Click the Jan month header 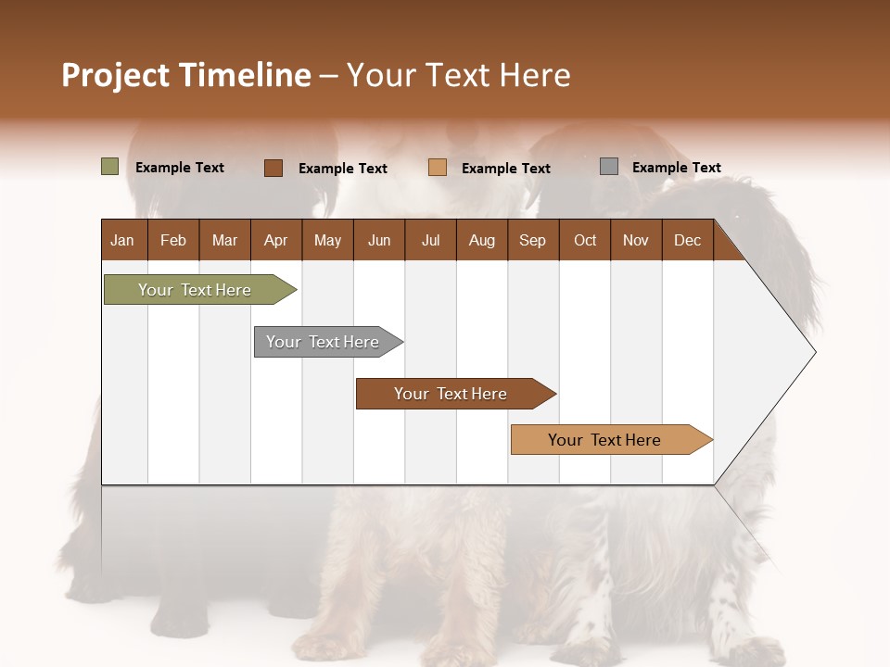pyautogui.click(x=122, y=240)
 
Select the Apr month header pyautogui.click(x=275, y=240)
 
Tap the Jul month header pyautogui.click(x=430, y=240)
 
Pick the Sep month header pyautogui.click(x=532, y=240)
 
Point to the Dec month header pyautogui.click(x=687, y=240)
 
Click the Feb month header pyautogui.click(x=173, y=240)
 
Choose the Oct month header pyautogui.click(x=585, y=240)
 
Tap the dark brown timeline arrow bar pyautogui.click(x=451, y=394)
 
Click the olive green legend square pyautogui.click(x=109, y=167)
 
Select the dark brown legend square pyautogui.click(x=273, y=168)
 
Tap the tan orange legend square pyautogui.click(x=438, y=168)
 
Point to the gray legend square pyautogui.click(x=609, y=167)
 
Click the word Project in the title pyautogui.click(x=115, y=75)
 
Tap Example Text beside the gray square pyautogui.click(x=676, y=168)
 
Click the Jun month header pyautogui.click(x=379, y=240)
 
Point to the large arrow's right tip pyautogui.click(x=814, y=352)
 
